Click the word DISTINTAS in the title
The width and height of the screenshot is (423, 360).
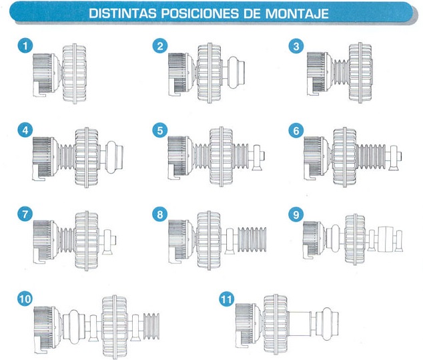pyautogui.click(x=123, y=13)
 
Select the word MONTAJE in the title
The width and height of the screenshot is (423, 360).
pyautogui.click(x=298, y=13)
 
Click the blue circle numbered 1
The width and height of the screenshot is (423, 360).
pyautogui.click(x=25, y=45)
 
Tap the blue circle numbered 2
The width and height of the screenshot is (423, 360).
pyautogui.click(x=160, y=45)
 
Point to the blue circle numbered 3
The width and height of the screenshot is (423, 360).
pyautogui.click(x=296, y=45)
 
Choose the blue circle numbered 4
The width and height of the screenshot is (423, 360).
pyautogui.click(x=25, y=130)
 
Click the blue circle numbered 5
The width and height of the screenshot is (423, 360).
pyautogui.click(x=160, y=130)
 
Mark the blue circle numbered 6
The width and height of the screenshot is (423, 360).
pyautogui.click(x=296, y=130)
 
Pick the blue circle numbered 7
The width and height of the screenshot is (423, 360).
pyautogui.click(x=25, y=214)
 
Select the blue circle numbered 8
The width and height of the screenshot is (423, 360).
pyautogui.click(x=160, y=214)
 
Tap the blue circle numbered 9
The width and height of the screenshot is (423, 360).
pyautogui.click(x=296, y=214)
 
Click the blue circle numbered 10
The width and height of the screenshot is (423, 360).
pyautogui.click(x=25, y=299)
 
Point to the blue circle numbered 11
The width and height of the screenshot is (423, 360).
pyautogui.click(x=226, y=299)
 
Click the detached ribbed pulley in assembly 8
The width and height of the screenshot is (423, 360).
pyautogui.click(x=252, y=240)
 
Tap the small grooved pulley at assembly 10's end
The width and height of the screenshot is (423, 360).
pyautogui.click(x=151, y=326)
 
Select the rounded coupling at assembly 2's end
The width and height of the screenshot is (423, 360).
pyautogui.click(x=236, y=73)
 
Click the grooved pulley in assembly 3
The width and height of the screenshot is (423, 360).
pyautogui.click(x=342, y=73)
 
